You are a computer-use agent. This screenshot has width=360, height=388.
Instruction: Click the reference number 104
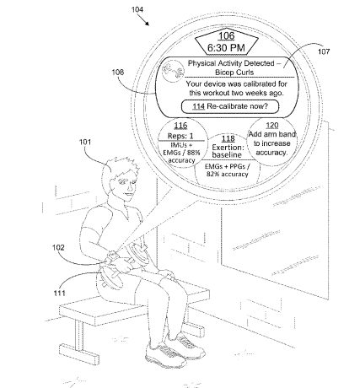[137, 9]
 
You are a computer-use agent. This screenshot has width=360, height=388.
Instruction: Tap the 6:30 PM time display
[226, 47]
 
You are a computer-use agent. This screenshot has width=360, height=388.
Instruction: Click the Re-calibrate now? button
[230, 106]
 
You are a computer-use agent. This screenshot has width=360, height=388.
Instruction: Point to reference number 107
[324, 51]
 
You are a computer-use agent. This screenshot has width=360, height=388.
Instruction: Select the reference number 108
[118, 73]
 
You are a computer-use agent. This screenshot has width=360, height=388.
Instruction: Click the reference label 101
[85, 142]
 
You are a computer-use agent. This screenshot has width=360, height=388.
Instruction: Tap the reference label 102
[58, 247]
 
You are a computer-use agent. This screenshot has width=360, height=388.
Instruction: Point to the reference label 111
[59, 293]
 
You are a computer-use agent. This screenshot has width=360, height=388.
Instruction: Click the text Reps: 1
[180, 136]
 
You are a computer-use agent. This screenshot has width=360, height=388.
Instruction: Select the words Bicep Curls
[234, 73]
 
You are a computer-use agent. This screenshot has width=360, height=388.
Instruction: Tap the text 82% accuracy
[227, 174]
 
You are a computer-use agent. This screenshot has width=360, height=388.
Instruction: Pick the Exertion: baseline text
[228, 151]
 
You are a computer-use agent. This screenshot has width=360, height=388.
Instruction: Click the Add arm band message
[271, 143]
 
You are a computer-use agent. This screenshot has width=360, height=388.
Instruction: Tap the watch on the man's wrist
[112, 256]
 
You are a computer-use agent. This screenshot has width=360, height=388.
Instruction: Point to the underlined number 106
[226, 36]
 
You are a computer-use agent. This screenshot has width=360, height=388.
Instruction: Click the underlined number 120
[271, 126]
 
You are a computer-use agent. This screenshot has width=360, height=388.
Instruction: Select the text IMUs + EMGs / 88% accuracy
[181, 153]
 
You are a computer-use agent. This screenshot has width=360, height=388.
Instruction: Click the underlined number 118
[228, 138]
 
